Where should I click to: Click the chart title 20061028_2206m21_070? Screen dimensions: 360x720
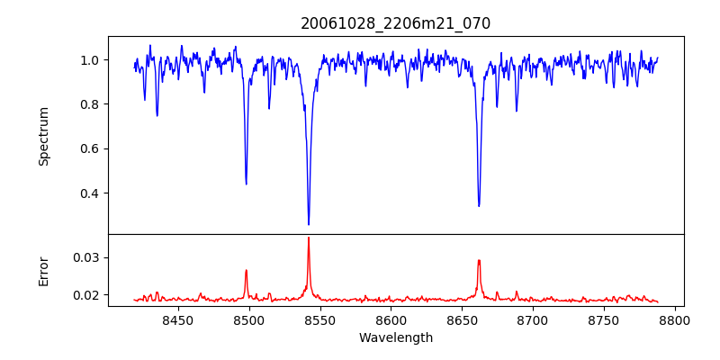(395, 23)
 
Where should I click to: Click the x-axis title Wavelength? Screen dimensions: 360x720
(395, 338)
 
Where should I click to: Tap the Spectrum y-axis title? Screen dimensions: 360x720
(44, 136)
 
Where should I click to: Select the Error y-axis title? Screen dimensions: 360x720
(44, 271)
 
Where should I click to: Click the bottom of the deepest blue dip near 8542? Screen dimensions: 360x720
(309, 224)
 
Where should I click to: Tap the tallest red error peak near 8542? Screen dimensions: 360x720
(309, 238)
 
